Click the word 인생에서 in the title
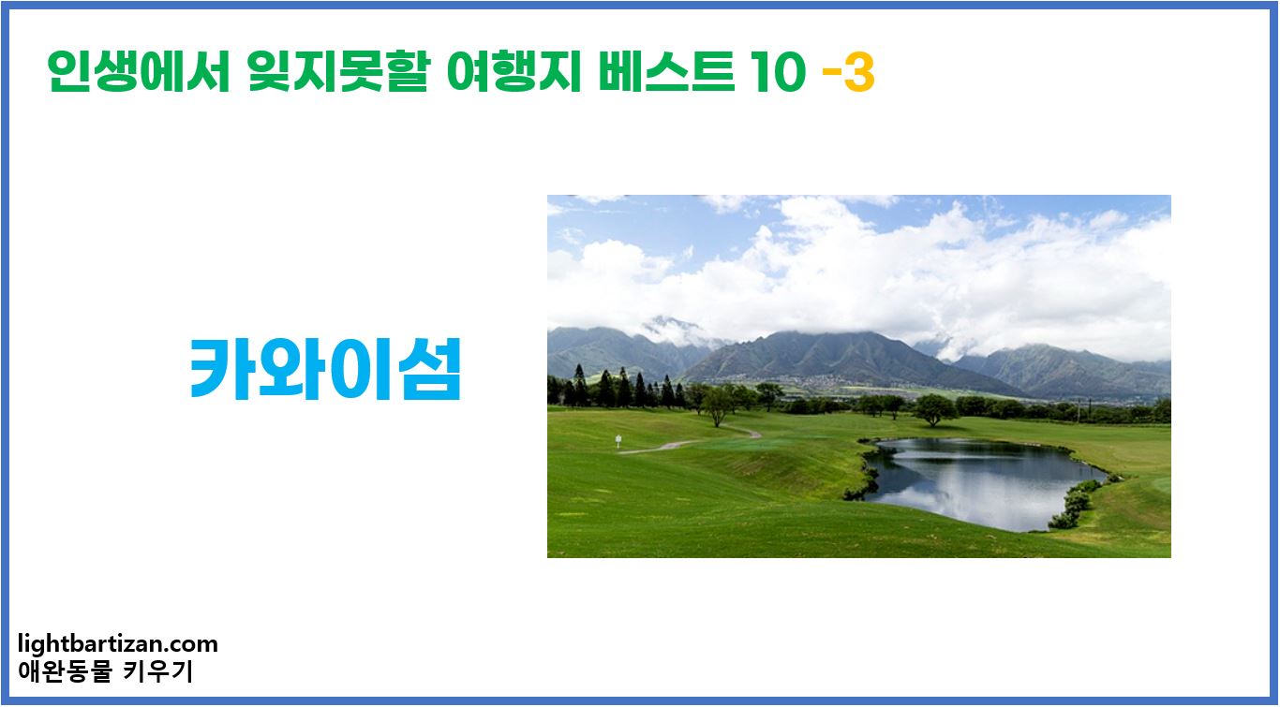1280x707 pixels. pos(139,72)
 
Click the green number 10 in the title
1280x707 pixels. pos(776,74)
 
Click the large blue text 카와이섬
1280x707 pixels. pos(325,368)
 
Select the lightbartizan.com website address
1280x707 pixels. pos(118,644)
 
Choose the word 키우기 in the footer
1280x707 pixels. pos(158,671)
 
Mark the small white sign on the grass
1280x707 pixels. pos(618,440)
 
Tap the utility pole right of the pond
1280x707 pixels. pos(1079,409)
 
